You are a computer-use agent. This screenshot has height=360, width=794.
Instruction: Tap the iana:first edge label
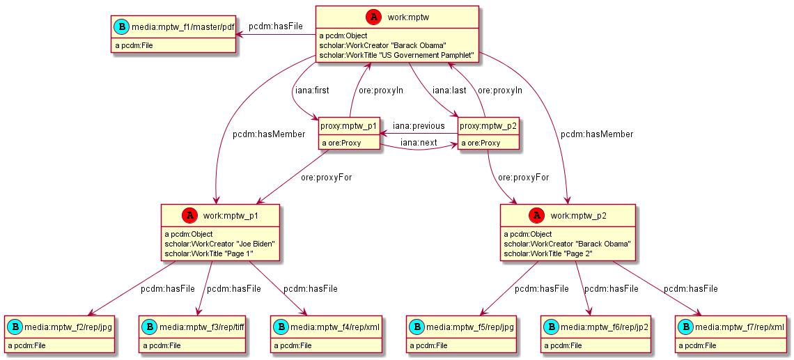point(312,90)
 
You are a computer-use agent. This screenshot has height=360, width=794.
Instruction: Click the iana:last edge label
point(449,90)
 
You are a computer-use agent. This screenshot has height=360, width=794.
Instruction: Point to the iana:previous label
point(419,126)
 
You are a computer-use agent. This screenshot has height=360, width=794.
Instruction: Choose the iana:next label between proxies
point(419,142)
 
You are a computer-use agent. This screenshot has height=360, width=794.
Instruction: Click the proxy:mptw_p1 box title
point(349,126)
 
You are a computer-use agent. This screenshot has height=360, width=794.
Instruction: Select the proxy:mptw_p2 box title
point(489,126)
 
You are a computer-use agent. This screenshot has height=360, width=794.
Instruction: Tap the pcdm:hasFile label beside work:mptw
point(276,26)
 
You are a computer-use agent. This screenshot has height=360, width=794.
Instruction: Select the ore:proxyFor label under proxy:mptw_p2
point(523,177)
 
